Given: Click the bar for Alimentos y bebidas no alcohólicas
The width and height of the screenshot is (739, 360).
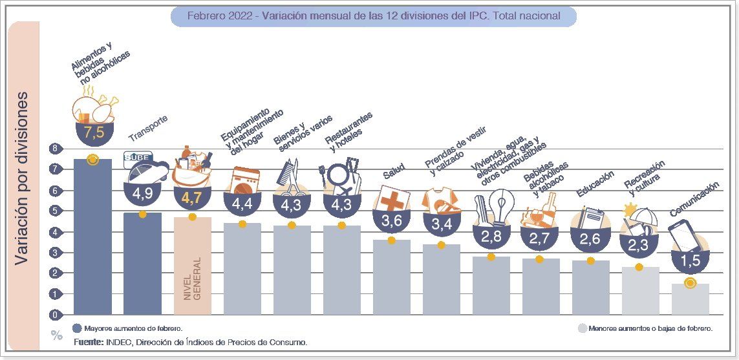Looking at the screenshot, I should (92, 239).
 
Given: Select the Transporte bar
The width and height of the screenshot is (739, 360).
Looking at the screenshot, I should (142, 265).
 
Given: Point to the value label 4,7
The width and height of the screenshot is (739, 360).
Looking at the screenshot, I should (192, 198).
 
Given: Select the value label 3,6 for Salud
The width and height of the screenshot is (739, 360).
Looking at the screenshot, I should (392, 221).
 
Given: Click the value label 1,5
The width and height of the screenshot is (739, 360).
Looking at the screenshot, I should (690, 260).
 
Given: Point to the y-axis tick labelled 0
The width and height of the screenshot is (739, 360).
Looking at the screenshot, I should (55, 315).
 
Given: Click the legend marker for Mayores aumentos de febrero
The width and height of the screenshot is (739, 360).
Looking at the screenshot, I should (77, 328).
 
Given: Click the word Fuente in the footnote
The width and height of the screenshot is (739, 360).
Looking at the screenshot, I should (88, 341).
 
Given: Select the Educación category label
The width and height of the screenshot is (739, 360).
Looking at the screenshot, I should (594, 185).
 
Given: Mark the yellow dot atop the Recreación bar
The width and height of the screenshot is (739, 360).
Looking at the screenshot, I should (639, 267).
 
